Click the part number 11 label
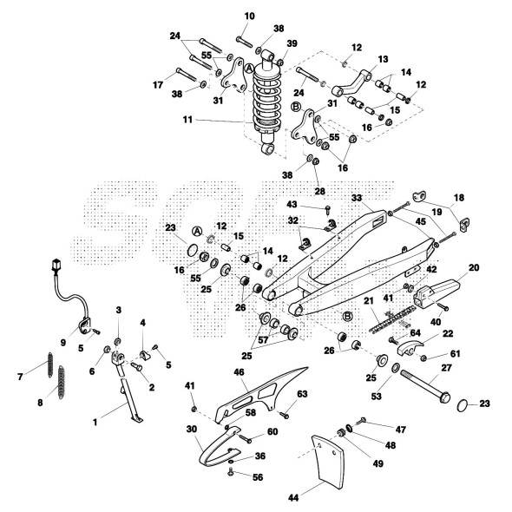[x=187, y=120]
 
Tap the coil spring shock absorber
[x=267, y=102]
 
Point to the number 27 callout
[x=446, y=368]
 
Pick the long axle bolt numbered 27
[x=425, y=386]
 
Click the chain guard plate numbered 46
[x=260, y=394]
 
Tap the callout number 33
[x=357, y=198]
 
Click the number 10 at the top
[x=249, y=16]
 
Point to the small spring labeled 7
[x=50, y=364]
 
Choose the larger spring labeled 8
[x=62, y=383]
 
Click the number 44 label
[x=293, y=497]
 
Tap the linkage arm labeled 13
[x=351, y=84]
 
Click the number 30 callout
[x=192, y=429]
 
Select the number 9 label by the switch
[x=63, y=342]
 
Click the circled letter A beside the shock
[x=249, y=69]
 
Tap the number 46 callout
[x=239, y=372]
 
